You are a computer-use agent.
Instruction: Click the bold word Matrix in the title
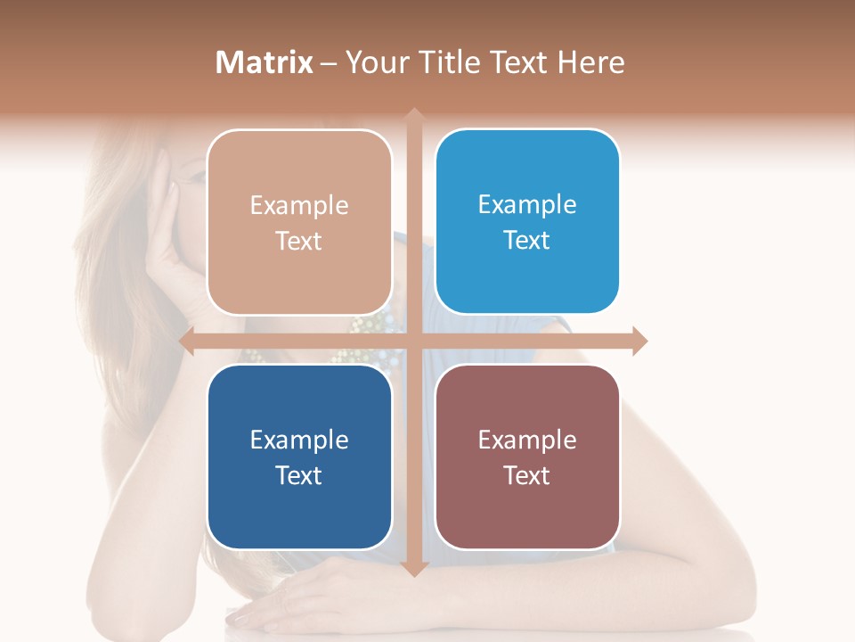point(265,62)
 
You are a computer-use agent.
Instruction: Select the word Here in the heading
point(590,62)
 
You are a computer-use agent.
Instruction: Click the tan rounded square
point(299,222)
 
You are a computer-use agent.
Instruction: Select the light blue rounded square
point(527,222)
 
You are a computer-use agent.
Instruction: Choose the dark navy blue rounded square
point(299,457)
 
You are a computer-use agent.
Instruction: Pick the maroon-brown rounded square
point(527,457)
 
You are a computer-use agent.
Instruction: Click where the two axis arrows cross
point(413,341)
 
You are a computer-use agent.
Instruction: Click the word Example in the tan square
point(299,205)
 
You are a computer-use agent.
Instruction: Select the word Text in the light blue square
point(527,240)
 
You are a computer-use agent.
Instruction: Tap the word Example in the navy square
point(299,440)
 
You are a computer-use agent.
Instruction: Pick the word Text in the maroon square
point(527,475)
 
